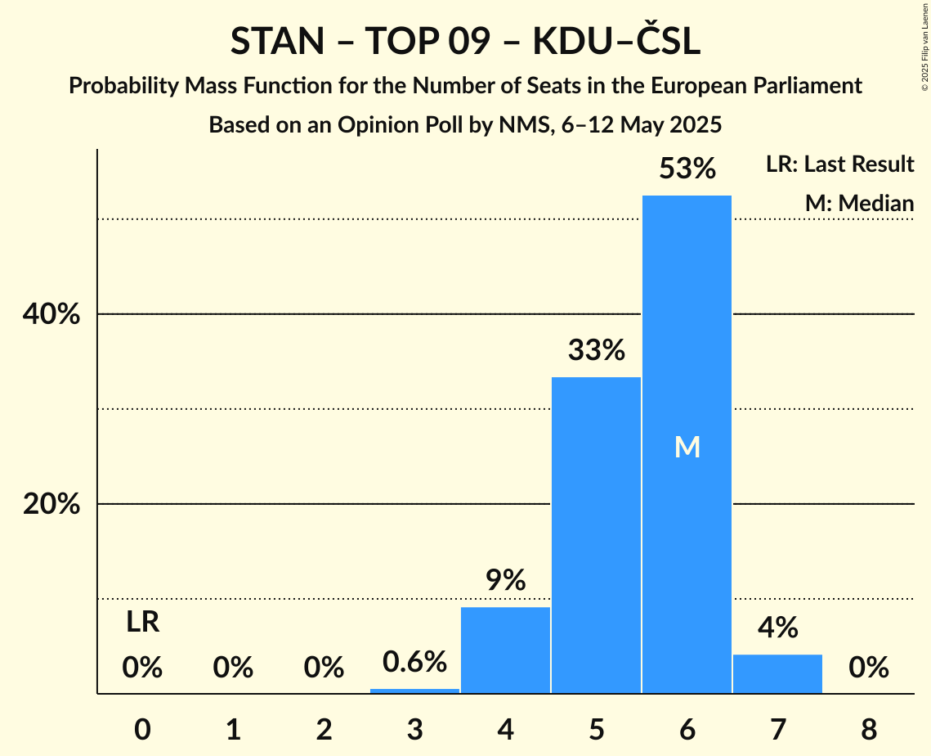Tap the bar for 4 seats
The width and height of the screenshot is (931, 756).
pyautogui.click(x=505, y=650)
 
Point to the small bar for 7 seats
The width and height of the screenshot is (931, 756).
pyautogui.click(x=777, y=673)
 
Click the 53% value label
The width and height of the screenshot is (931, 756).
pyautogui.click(x=687, y=169)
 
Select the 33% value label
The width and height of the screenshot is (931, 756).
pyautogui.click(x=596, y=351)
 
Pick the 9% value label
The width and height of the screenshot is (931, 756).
pyautogui.click(x=505, y=581)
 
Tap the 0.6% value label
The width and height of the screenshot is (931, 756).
pyautogui.click(x=414, y=661)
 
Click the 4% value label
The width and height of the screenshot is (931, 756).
pyautogui.click(x=777, y=628)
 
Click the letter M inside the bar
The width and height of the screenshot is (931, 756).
pyautogui.click(x=687, y=447)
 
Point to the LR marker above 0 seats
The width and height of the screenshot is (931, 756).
pyautogui.click(x=142, y=623)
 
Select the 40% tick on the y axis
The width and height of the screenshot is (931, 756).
pyautogui.click(x=51, y=314)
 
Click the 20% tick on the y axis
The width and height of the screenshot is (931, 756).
pyautogui.click(x=51, y=504)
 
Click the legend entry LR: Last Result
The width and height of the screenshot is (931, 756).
pyautogui.click(x=839, y=164)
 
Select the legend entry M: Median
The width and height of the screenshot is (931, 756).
pyautogui.click(x=859, y=203)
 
